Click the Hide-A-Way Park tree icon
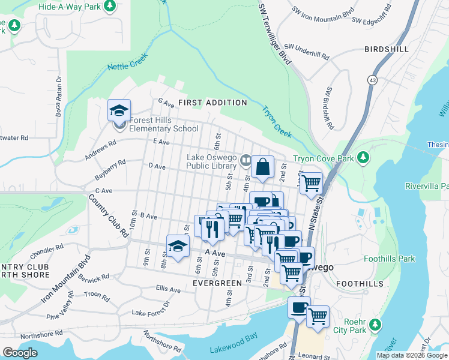point(109,6)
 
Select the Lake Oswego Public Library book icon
point(245,160)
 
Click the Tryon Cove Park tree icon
point(363,158)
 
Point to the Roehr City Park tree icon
point(375,325)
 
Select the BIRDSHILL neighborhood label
point(386,49)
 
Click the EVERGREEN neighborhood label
point(217,282)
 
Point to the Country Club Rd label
point(109,215)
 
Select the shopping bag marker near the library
point(263,167)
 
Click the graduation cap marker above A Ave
point(178,246)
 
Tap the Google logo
point(20,353)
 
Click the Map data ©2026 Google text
point(411,355)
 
